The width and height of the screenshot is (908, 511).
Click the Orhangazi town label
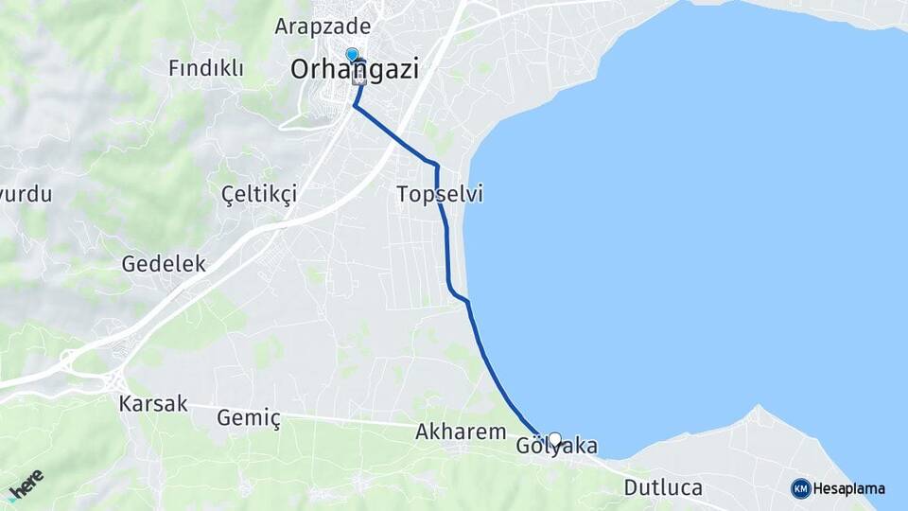[355, 69]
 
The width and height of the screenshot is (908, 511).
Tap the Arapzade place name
[323, 26]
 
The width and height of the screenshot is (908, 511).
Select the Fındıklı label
[205, 68]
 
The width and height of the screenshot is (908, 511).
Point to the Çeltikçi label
[258, 194]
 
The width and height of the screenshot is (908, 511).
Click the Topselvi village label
[440, 195]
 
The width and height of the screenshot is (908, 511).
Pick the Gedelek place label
[164, 264]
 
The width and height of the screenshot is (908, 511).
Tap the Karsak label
[153, 404]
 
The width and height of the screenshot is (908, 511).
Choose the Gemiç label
[250, 417]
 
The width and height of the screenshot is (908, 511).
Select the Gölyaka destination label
[557, 446]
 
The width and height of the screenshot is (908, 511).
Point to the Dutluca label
[663, 488]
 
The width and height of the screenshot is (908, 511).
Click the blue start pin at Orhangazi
[352, 55]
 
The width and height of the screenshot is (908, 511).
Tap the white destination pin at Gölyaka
[554, 440]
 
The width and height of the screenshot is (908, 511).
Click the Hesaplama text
[849, 489]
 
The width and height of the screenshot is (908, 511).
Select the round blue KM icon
[801, 488]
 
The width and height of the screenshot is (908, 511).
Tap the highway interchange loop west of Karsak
[71, 361]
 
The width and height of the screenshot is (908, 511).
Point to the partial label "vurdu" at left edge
[26, 194]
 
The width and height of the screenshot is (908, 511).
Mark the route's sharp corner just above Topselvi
[436, 166]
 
